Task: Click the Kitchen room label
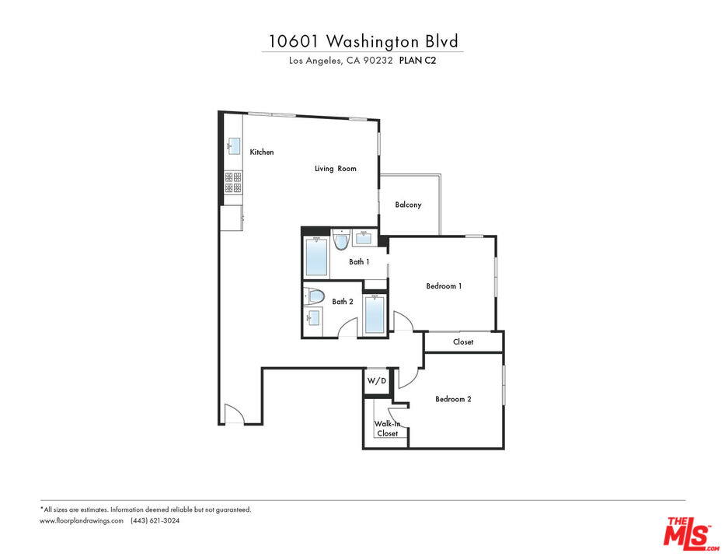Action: [262, 152]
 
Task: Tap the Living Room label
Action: [336, 169]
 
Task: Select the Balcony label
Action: [408, 205]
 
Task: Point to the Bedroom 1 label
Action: [444, 286]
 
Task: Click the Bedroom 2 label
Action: [453, 399]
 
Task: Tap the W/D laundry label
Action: [377, 381]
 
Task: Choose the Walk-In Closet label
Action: [387, 429]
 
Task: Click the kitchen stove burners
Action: [233, 182]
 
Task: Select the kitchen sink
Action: [233, 146]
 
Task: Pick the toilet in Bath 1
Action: [341, 240]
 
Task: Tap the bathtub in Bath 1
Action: [317, 257]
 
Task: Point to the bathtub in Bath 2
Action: [375, 314]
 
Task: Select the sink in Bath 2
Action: [313, 317]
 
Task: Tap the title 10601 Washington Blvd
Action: [364, 41]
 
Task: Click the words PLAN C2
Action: [417, 60]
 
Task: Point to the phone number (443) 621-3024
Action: [155, 520]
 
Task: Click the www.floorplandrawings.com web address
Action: [82, 520]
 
